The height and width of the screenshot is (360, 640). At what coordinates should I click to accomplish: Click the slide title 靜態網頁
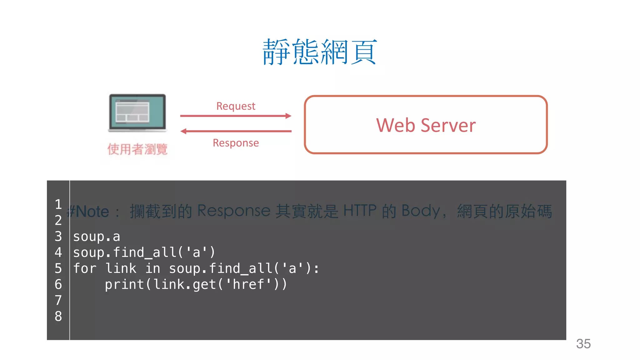click(320, 52)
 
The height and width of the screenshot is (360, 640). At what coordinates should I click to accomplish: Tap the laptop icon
click(137, 113)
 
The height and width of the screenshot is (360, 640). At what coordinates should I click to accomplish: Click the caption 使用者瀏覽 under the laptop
click(137, 149)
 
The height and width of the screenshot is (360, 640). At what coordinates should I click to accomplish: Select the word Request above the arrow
click(236, 106)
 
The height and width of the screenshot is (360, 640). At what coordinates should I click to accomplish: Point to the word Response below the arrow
click(236, 143)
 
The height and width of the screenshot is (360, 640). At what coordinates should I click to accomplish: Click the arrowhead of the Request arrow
click(288, 116)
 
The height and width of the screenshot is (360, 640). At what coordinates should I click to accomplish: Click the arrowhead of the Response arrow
click(183, 131)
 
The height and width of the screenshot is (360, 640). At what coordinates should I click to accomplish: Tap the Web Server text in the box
click(426, 125)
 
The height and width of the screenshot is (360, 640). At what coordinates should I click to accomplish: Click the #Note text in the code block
click(88, 212)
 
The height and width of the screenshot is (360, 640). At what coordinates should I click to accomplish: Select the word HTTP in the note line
click(360, 211)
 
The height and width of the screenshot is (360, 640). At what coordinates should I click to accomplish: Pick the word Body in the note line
click(421, 211)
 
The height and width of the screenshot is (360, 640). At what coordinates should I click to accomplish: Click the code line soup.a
click(97, 237)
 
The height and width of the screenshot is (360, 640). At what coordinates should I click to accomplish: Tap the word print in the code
click(124, 284)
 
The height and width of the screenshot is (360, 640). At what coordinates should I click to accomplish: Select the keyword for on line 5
click(84, 268)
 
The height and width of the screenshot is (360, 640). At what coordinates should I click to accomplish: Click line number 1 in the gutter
click(58, 204)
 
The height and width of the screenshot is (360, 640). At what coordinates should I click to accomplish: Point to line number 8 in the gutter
click(58, 316)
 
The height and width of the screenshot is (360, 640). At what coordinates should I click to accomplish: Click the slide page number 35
click(583, 344)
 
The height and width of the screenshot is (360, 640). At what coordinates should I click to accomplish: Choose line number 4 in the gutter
click(58, 252)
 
